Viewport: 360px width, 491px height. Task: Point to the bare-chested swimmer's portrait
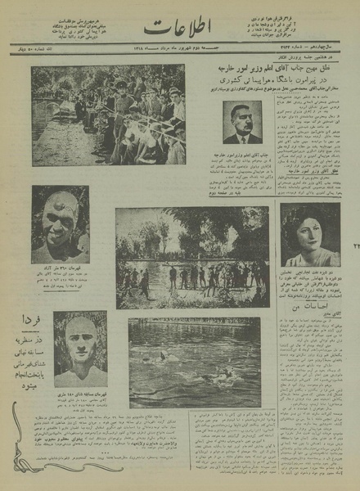tap(80, 348)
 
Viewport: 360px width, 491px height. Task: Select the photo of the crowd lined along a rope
tap(108, 115)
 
